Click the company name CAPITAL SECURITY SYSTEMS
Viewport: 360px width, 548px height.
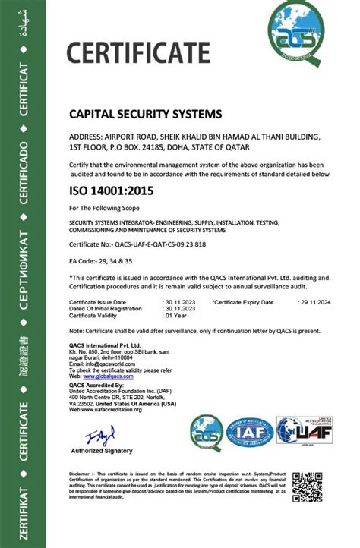coord(146,114)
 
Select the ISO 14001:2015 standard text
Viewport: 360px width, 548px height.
coord(111,191)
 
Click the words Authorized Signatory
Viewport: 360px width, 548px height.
coord(101,451)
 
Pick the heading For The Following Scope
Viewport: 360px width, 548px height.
coord(106,208)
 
